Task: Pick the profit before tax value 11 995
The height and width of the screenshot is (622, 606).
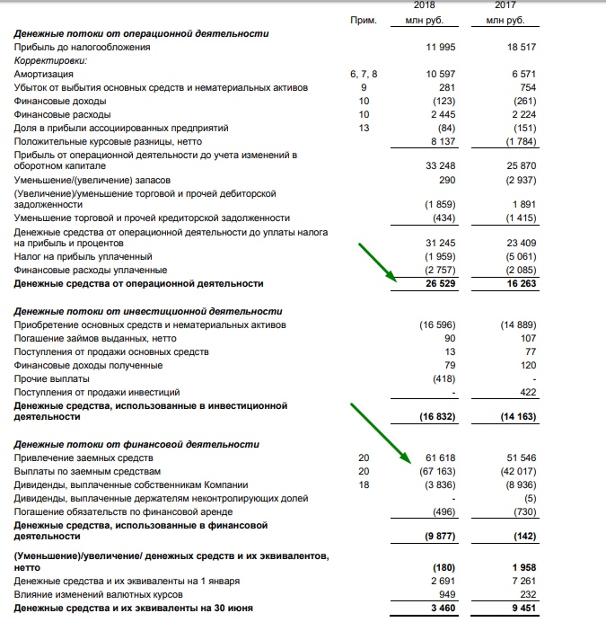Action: tap(441, 47)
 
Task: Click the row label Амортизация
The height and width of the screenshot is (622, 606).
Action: tap(44, 74)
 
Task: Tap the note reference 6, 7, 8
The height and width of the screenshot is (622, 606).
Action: tap(364, 74)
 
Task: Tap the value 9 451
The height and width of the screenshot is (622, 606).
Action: tap(522, 609)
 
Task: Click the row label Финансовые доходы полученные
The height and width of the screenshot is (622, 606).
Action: tap(88, 365)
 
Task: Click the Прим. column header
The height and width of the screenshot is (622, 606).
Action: tap(363, 19)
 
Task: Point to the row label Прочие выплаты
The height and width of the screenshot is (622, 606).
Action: tap(51, 378)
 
